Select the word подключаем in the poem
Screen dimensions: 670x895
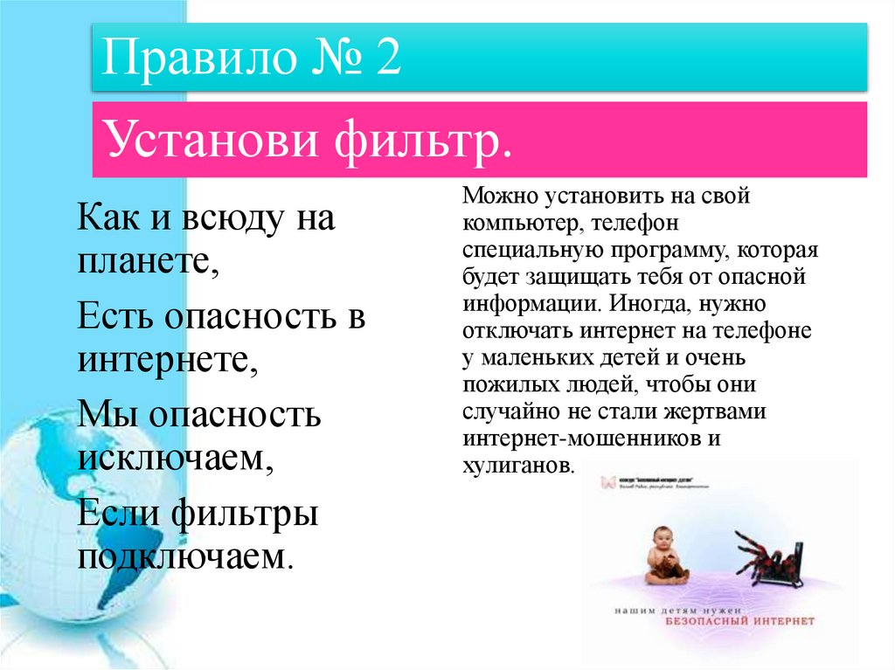[184, 556]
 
